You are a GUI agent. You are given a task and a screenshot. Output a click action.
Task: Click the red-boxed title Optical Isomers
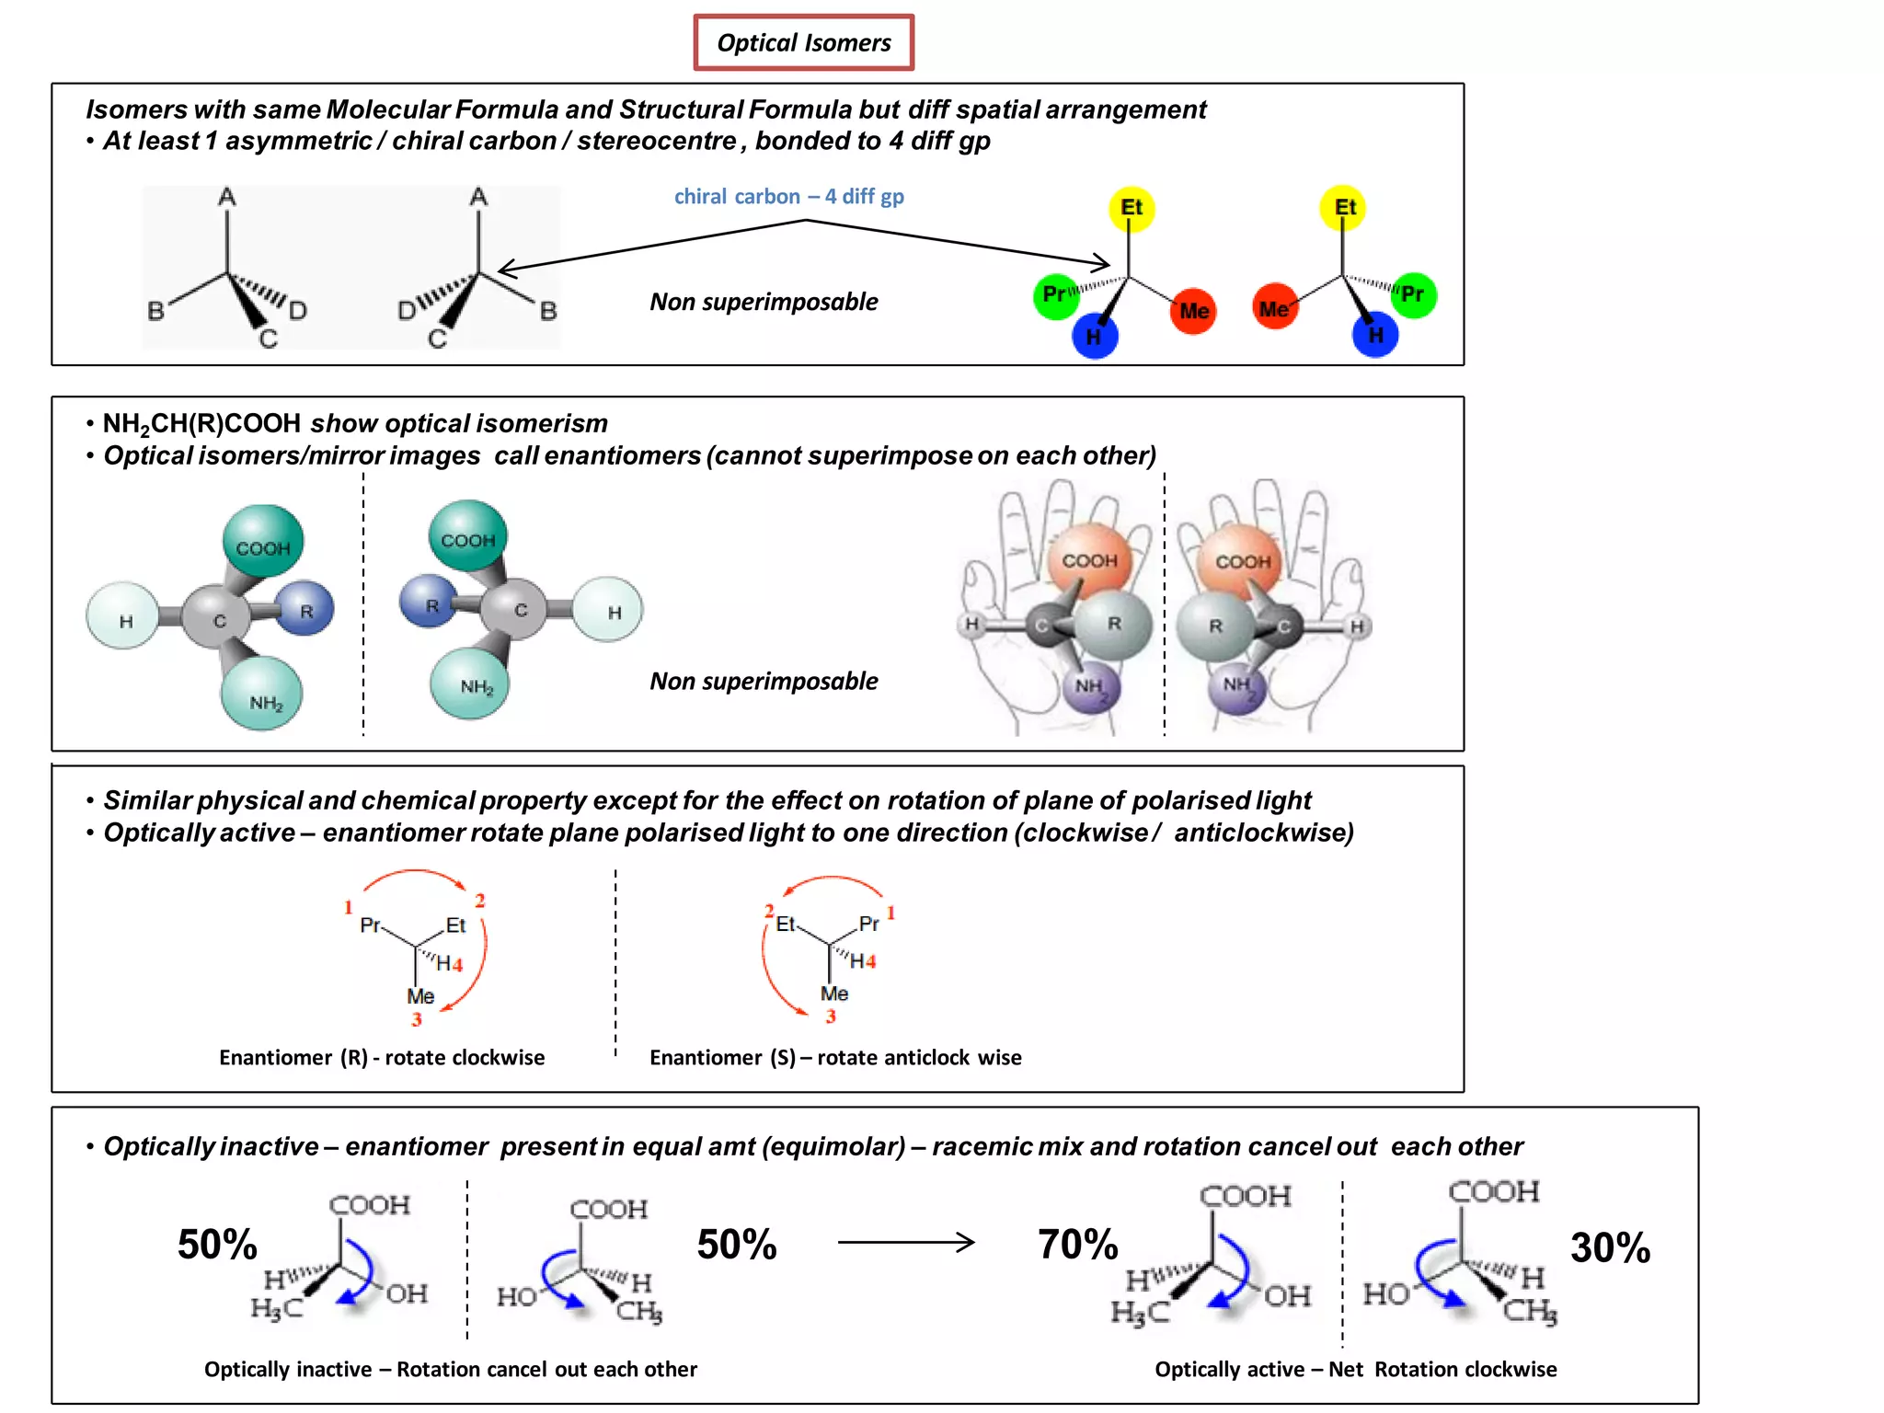pyautogui.click(x=803, y=42)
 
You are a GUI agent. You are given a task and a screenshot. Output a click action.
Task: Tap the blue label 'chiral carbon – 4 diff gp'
pyautogui.click(x=788, y=196)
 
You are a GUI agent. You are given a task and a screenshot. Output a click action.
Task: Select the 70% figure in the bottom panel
pyautogui.click(x=1077, y=1244)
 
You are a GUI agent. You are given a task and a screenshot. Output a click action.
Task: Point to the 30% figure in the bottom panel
pyautogui.click(x=1610, y=1247)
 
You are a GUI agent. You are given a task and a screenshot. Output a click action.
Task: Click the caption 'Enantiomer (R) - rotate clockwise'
pyautogui.click(x=382, y=1057)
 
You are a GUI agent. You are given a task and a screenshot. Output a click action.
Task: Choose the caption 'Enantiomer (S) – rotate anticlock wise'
pyautogui.click(x=835, y=1057)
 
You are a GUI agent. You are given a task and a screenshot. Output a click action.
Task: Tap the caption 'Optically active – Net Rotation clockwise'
pyautogui.click(x=1355, y=1369)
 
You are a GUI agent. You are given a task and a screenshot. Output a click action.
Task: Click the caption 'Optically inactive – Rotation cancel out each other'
pyautogui.click(x=451, y=1369)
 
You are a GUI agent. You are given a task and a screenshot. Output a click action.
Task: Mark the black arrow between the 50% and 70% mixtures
pyautogui.click(x=905, y=1243)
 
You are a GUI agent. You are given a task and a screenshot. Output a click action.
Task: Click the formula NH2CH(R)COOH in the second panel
pyautogui.click(x=201, y=423)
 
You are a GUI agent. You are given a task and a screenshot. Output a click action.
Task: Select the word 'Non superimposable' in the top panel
pyautogui.click(x=764, y=302)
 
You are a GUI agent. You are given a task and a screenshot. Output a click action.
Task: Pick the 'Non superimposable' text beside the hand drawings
pyautogui.click(x=764, y=681)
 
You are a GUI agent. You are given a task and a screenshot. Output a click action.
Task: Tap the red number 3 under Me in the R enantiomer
pyautogui.click(x=417, y=1019)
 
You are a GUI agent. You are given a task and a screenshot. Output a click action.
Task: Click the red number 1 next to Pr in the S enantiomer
pyautogui.click(x=890, y=913)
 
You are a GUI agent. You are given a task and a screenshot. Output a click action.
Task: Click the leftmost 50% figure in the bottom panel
pyautogui.click(x=217, y=1244)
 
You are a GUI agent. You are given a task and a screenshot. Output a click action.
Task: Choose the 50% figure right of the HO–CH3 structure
pyautogui.click(x=736, y=1244)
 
